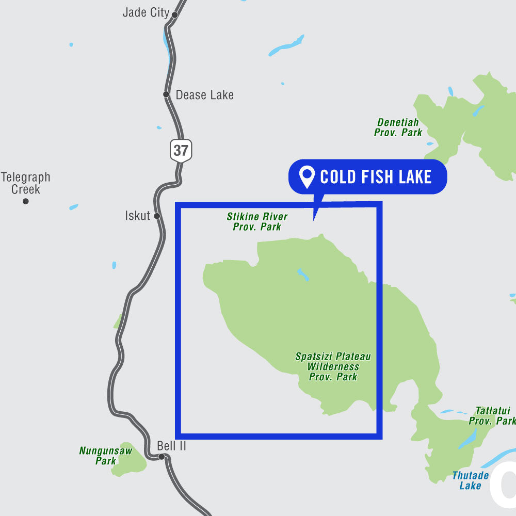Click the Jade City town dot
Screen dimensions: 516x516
[x=174, y=15]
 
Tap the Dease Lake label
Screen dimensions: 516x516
[x=204, y=95]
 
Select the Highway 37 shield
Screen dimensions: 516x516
[x=181, y=151]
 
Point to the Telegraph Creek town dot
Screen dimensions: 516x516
[x=25, y=201]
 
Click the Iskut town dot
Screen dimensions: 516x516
[x=157, y=216]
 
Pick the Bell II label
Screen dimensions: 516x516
[x=171, y=445]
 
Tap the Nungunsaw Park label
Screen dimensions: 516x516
[x=106, y=456]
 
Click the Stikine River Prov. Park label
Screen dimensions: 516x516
[x=257, y=221]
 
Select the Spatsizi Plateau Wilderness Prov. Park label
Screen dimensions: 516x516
[x=333, y=366]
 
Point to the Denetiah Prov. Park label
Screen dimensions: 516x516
[x=398, y=127]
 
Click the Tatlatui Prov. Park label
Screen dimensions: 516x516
[x=492, y=416]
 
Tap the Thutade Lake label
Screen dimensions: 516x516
[x=470, y=480]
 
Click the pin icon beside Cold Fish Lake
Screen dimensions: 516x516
[x=308, y=177]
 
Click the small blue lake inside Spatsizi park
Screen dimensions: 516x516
[x=303, y=275]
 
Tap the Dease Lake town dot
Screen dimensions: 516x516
[x=166, y=94]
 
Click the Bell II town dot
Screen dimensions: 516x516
[x=162, y=457]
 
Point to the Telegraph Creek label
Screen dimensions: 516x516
[x=25, y=183]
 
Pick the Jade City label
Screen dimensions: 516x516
[x=146, y=12]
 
